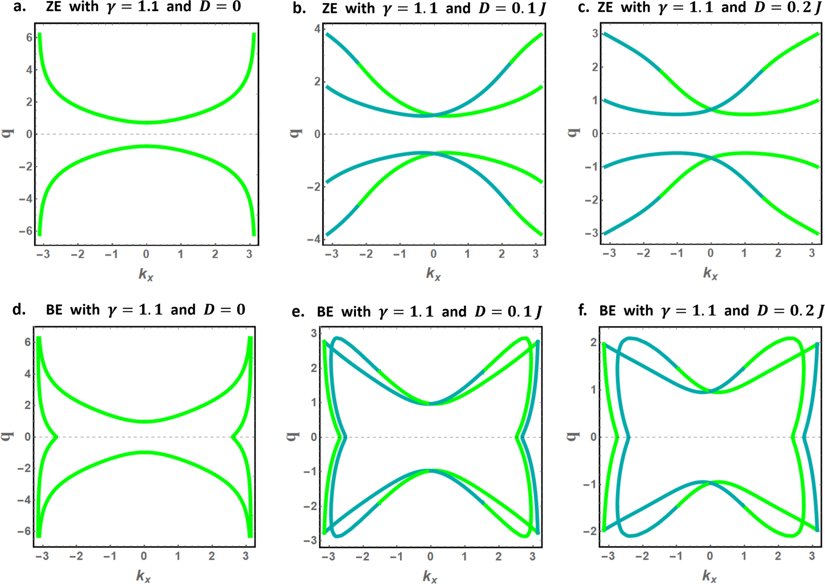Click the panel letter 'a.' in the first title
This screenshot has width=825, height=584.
(x=20, y=7)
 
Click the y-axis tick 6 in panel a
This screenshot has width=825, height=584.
(x=29, y=38)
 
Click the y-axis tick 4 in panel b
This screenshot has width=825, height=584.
(x=316, y=29)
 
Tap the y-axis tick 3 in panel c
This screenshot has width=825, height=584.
(x=595, y=34)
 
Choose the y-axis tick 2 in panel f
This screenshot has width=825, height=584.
(x=593, y=342)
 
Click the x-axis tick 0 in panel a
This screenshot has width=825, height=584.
(x=146, y=254)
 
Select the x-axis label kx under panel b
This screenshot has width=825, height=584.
(x=433, y=274)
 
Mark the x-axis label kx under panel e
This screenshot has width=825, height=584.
(x=430, y=577)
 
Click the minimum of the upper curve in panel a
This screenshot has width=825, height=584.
(x=146, y=122)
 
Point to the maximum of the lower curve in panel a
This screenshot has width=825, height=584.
(x=146, y=146)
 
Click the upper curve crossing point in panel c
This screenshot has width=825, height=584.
(x=711, y=109)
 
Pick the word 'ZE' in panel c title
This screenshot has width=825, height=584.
(x=606, y=8)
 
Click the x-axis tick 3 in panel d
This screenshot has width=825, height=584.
(x=246, y=556)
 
